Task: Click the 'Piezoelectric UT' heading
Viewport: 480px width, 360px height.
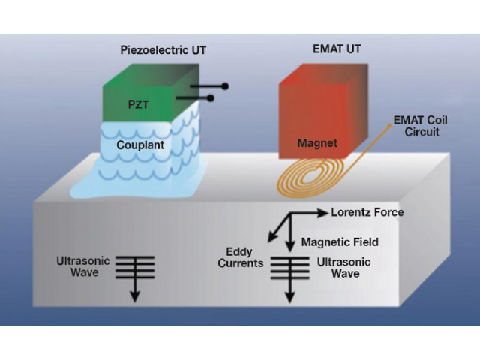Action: [x=163, y=50]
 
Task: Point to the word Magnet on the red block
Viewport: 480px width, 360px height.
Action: [x=317, y=143]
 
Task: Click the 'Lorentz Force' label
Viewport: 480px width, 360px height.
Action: [x=367, y=212]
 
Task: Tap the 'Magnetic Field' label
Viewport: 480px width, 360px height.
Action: [x=340, y=241]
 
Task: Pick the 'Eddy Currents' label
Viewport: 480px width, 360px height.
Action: [x=244, y=257]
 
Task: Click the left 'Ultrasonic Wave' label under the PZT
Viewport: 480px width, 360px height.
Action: [x=83, y=266]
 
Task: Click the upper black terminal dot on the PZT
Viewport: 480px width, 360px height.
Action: [x=224, y=86]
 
